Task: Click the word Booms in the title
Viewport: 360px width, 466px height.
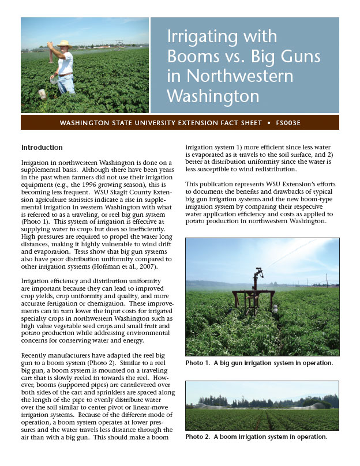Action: [x=192, y=57]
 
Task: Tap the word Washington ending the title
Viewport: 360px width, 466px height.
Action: [x=213, y=95]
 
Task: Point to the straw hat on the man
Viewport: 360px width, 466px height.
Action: [x=64, y=43]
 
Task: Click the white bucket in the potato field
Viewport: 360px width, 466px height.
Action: [x=42, y=93]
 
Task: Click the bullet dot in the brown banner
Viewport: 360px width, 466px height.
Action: [x=269, y=123]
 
